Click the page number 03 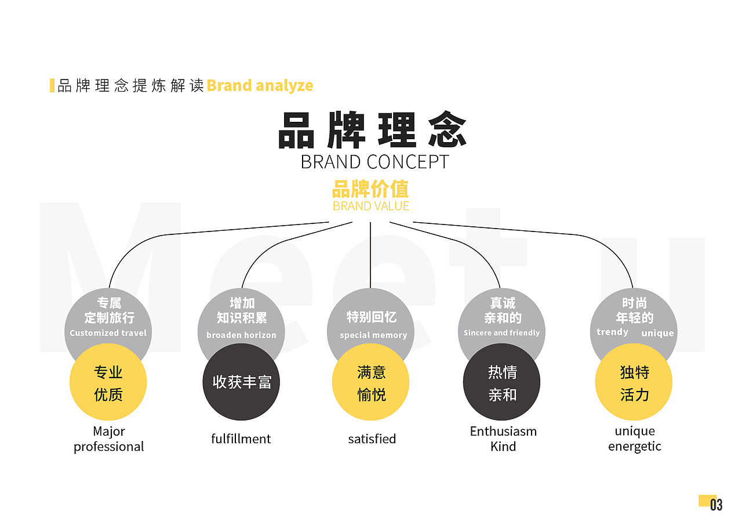pos(716,505)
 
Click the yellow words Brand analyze pos(260,86)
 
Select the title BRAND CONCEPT pos(374,162)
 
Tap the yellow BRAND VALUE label pos(371,206)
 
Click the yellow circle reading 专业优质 pos(108,382)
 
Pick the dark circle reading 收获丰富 pos(241,382)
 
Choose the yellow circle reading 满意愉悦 pos(370,382)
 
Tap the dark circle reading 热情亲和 pos(501,382)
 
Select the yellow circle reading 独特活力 pos(634,382)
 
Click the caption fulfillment pos(241,439)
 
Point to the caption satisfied pos(372,439)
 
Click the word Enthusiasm pos(504,432)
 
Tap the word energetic pos(635,447)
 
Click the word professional pos(108,447)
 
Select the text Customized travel pos(108,333)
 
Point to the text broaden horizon pos(241,335)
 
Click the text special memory pos(373,335)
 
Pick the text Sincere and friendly pos(501,333)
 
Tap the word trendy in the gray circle pos(612,332)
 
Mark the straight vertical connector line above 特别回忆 pos(370,255)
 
